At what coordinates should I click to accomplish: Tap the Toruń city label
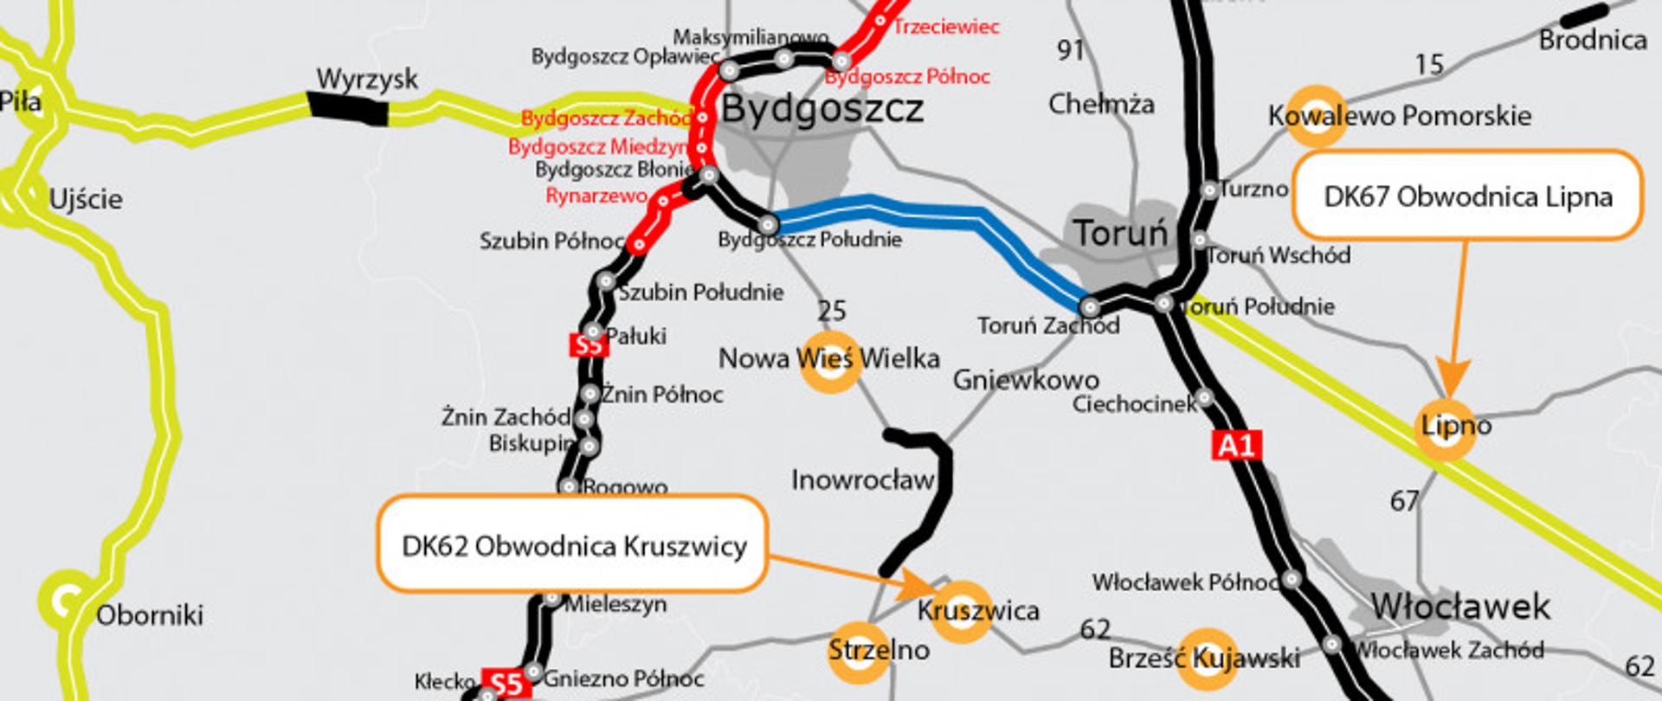click(x=1120, y=233)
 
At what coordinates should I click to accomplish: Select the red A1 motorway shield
click(x=1236, y=446)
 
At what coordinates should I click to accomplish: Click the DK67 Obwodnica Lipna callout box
click(x=1467, y=196)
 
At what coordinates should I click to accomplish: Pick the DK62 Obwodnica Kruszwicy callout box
click(x=573, y=545)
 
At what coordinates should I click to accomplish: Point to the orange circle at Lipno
click(x=1445, y=428)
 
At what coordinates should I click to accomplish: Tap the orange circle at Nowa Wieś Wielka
click(x=830, y=362)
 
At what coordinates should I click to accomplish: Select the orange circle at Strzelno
click(x=859, y=651)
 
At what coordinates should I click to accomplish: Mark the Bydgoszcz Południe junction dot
click(x=768, y=225)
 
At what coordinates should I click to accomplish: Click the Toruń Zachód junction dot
click(x=1091, y=306)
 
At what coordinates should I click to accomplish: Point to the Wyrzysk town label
click(x=367, y=79)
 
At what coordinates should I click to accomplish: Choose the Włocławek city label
click(x=1459, y=606)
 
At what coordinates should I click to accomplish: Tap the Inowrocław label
click(x=862, y=479)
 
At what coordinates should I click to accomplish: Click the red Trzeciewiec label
click(x=946, y=26)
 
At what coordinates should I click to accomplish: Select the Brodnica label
click(x=1592, y=40)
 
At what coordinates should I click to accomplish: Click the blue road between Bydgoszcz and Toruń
click(x=935, y=209)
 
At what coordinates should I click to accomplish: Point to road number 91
click(x=1071, y=50)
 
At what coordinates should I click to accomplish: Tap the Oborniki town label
click(x=149, y=615)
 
